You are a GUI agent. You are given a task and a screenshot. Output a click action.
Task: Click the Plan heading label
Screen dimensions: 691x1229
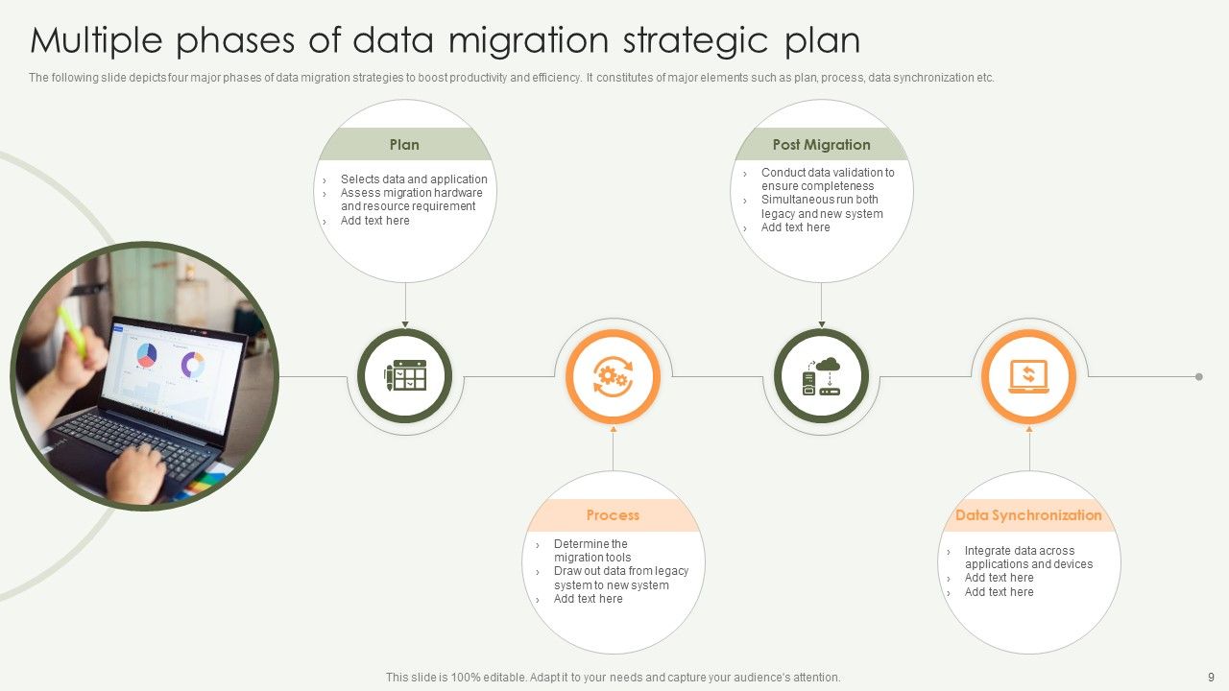pyautogui.click(x=404, y=145)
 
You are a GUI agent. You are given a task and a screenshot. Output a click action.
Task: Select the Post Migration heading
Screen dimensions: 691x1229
pyautogui.click(x=821, y=145)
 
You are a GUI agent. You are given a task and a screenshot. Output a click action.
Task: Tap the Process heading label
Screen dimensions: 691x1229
pyautogui.click(x=613, y=515)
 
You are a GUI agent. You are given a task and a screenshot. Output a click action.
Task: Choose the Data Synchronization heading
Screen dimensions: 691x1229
pyautogui.click(x=1028, y=515)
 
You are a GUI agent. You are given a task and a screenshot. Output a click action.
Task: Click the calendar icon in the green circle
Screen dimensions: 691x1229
pyautogui.click(x=405, y=376)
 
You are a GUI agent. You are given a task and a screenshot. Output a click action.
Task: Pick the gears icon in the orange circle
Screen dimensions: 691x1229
pyautogui.click(x=613, y=376)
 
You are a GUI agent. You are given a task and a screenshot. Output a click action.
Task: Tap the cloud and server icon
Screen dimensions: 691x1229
pyautogui.click(x=821, y=376)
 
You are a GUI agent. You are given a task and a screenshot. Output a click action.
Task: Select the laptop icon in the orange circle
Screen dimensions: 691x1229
pyautogui.click(x=1028, y=376)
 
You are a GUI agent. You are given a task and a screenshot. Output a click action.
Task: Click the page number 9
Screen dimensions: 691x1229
pyautogui.click(x=1211, y=677)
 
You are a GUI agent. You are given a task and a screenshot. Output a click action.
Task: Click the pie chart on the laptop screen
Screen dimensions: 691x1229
pyautogui.click(x=146, y=356)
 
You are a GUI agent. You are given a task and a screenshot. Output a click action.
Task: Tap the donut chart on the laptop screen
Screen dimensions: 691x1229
pyautogui.click(x=193, y=365)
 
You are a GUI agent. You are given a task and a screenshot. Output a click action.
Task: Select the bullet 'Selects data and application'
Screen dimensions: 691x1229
pyautogui.click(x=414, y=179)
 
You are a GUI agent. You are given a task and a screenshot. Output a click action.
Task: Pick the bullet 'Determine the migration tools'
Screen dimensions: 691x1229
pyautogui.click(x=591, y=551)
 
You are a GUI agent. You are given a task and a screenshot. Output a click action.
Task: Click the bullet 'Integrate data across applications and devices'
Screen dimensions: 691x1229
pyautogui.click(x=1027, y=558)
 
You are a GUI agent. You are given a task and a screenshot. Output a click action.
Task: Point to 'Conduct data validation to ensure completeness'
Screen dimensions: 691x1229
pyautogui.click(x=827, y=179)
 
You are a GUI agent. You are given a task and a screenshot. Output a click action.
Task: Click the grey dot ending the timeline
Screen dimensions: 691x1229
pyautogui.click(x=1199, y=377)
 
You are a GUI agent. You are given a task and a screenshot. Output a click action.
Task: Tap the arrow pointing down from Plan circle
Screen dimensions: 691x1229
pyautogui.click(x=405, y=322)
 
